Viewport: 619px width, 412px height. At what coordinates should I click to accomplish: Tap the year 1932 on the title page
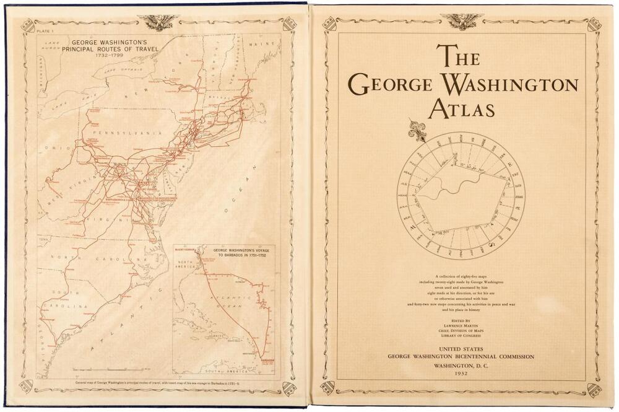461,374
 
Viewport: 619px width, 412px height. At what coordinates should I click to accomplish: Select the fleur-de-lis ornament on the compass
416,131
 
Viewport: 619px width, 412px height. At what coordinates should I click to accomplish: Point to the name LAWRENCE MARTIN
461,325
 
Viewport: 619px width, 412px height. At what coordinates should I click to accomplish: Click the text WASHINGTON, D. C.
461,366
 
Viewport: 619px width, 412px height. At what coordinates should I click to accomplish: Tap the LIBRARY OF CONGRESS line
461,336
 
